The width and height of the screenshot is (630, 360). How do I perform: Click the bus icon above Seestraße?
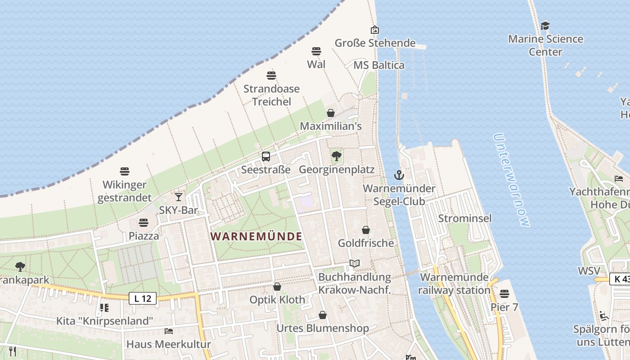click(266, 157)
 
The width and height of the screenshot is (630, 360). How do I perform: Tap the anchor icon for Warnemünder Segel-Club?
click(399, 175)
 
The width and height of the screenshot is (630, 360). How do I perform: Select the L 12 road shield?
click(143, 298)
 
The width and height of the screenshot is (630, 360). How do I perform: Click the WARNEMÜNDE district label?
click(256, 236)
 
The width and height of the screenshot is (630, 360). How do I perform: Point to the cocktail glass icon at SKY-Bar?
click(179, 197)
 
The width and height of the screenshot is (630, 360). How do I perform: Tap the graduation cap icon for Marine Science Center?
click(545, 26)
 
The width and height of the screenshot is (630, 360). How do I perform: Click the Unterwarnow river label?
click(511, 180)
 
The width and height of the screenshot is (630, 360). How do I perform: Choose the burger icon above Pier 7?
click(504, 294)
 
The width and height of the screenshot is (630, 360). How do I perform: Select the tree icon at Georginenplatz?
click(336, 157)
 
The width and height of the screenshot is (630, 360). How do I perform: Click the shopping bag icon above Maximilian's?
click(331, 113)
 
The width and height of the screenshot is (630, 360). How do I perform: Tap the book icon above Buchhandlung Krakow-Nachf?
click(355, 263)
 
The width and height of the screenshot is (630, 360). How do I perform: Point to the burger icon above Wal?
click(316, 51)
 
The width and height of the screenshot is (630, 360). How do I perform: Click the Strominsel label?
click(465, 218)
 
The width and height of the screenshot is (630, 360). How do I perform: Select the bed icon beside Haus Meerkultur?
click(169, 331)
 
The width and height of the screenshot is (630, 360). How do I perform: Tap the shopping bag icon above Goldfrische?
click(366, 230)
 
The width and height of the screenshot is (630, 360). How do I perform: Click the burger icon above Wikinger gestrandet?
click(125, 171)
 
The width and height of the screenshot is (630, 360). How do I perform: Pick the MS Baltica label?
click(379, 65)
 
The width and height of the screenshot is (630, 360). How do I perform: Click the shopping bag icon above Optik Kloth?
click(277, 287)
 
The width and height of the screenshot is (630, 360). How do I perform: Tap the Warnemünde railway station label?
click(454, 283)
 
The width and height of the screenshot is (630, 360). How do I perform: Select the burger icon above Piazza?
click(144, 223)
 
